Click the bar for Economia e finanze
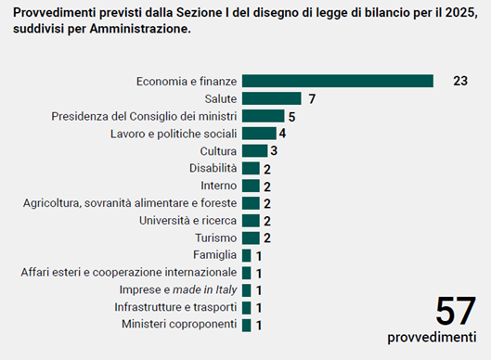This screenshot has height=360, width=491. pyautogui.click(x=338, y=81)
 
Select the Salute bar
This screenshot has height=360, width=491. pyautogui.click(x=272, y=98)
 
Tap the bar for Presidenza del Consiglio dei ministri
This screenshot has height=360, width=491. pyautogui.click(x=263, y=116)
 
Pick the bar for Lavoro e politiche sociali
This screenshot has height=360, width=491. pyautogui.click(x=259, y=134)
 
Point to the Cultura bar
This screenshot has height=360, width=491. pyautogui.click(x=254, y=150)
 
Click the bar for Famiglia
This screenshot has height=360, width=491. pyautogui.click(x=247, y=255)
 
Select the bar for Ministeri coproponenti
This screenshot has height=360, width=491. pyautogui.click(x=247, y=326)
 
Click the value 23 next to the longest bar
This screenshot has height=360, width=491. pyautogui.click(x=460, y=81)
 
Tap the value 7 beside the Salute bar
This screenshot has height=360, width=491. pyautogui.click(x=312, y=99)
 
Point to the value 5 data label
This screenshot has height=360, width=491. pyautogui.click(x=291, y=117)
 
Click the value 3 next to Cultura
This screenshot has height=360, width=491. pyautogui.click(x=274, y=151)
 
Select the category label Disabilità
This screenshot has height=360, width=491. pyautogui.click(x=213, y=168)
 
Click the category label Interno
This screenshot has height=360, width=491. pyautogui.click(x=218, y=186)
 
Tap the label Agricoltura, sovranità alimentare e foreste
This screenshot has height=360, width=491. pyautogui.click(x=130, y=203)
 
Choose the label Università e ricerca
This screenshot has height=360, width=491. pyautogui.click(x=187, y=221)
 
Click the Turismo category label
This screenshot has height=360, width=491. pyautogui.click(x=216, y=238)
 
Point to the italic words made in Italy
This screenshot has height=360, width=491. pyautogui.click(x=205, y=289)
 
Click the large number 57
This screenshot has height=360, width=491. pyautogui.click(x=456, y=312)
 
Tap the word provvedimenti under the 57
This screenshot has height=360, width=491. pyautogui.click(x=432, y=337)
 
